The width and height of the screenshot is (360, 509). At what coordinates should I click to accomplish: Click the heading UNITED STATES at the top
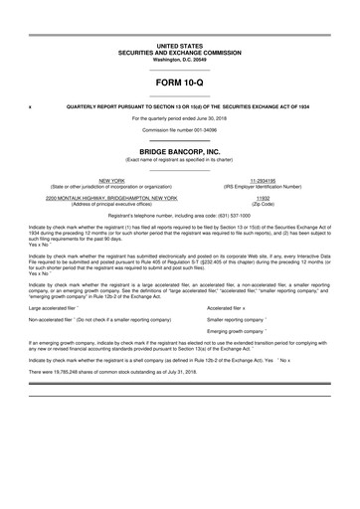tap(179, 47)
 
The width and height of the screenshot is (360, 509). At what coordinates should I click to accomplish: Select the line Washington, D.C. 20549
tap(179, 60)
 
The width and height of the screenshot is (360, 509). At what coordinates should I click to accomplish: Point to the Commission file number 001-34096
tap(179, 130)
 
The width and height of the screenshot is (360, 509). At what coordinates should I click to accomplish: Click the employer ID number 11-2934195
tap(264, 180)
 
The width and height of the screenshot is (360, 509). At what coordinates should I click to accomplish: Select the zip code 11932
tap(264, 198)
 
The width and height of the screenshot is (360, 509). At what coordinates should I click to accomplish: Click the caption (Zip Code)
tap(264, 204)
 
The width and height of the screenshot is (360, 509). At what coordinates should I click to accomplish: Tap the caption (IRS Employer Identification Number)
tap(264, 186)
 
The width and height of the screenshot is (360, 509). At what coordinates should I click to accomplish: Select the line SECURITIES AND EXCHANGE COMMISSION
tap(179, 53)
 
